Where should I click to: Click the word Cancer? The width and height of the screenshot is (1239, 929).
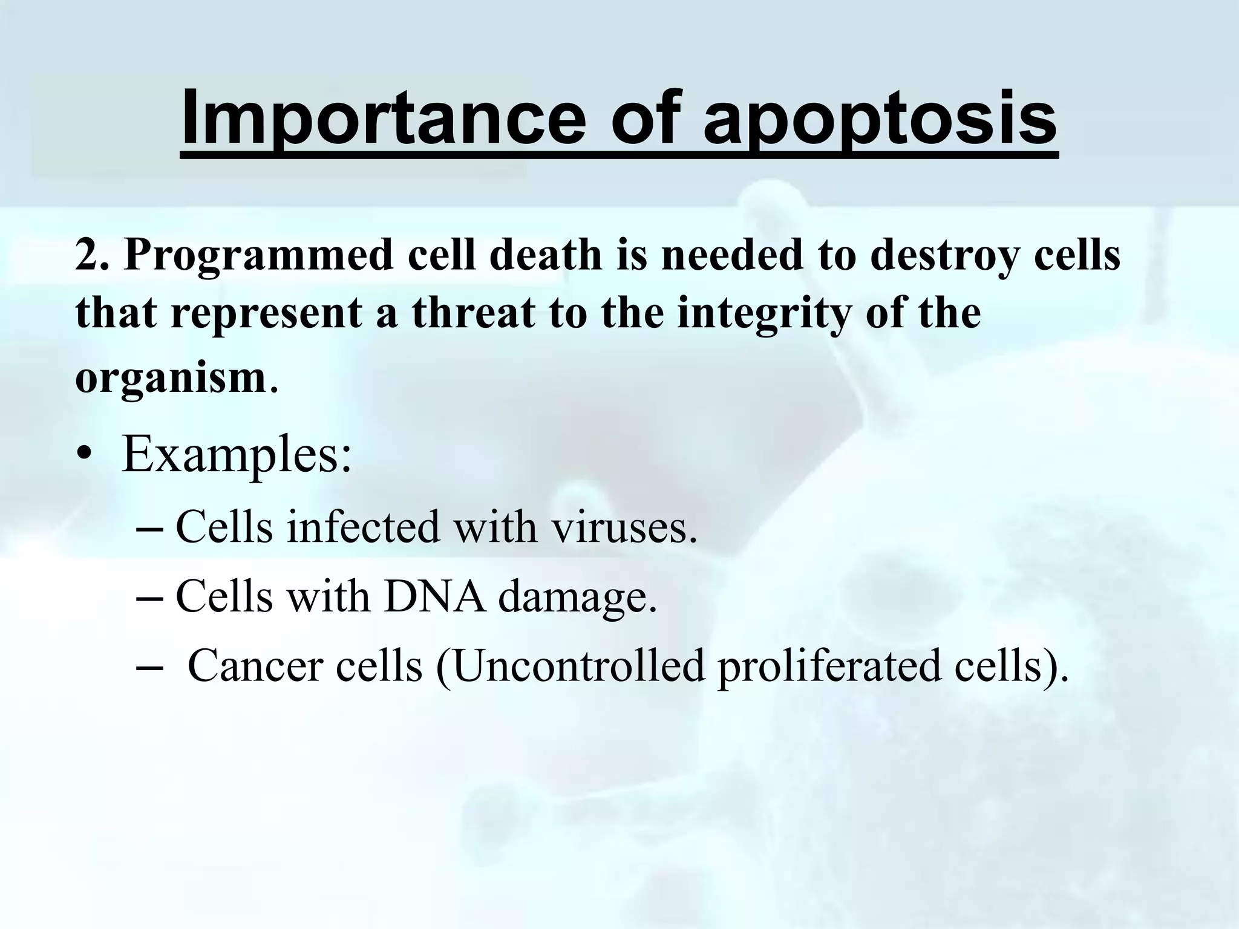[253, 666]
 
